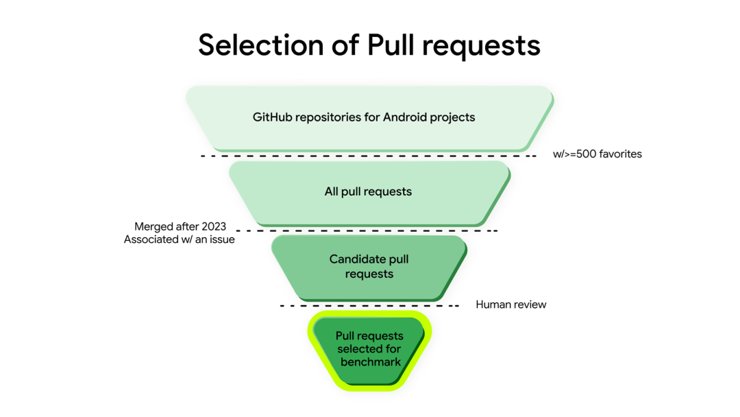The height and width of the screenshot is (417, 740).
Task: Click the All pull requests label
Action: pyautogui.click(x=368, y=191)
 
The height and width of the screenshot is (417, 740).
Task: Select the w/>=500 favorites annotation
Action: pyautogui.click(x=597, y=154)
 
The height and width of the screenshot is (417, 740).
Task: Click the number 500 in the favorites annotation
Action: pyautogui.click(x=587, y=154)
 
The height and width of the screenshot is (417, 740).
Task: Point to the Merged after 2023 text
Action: pyautogui.click(x=180, y=226)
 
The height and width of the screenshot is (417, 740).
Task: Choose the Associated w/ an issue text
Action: pyautogui.click(x=180, y=239)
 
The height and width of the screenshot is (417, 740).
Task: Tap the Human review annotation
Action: pyautogui.click(x=511, y=305)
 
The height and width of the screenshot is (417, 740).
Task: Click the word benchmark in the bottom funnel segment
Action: pyautogui.click(x=370, y=361)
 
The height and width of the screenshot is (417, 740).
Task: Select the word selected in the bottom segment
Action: pyautogui.click(x=358, y=349)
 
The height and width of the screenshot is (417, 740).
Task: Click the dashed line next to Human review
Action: pyautogui.click(x=369, y=305)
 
